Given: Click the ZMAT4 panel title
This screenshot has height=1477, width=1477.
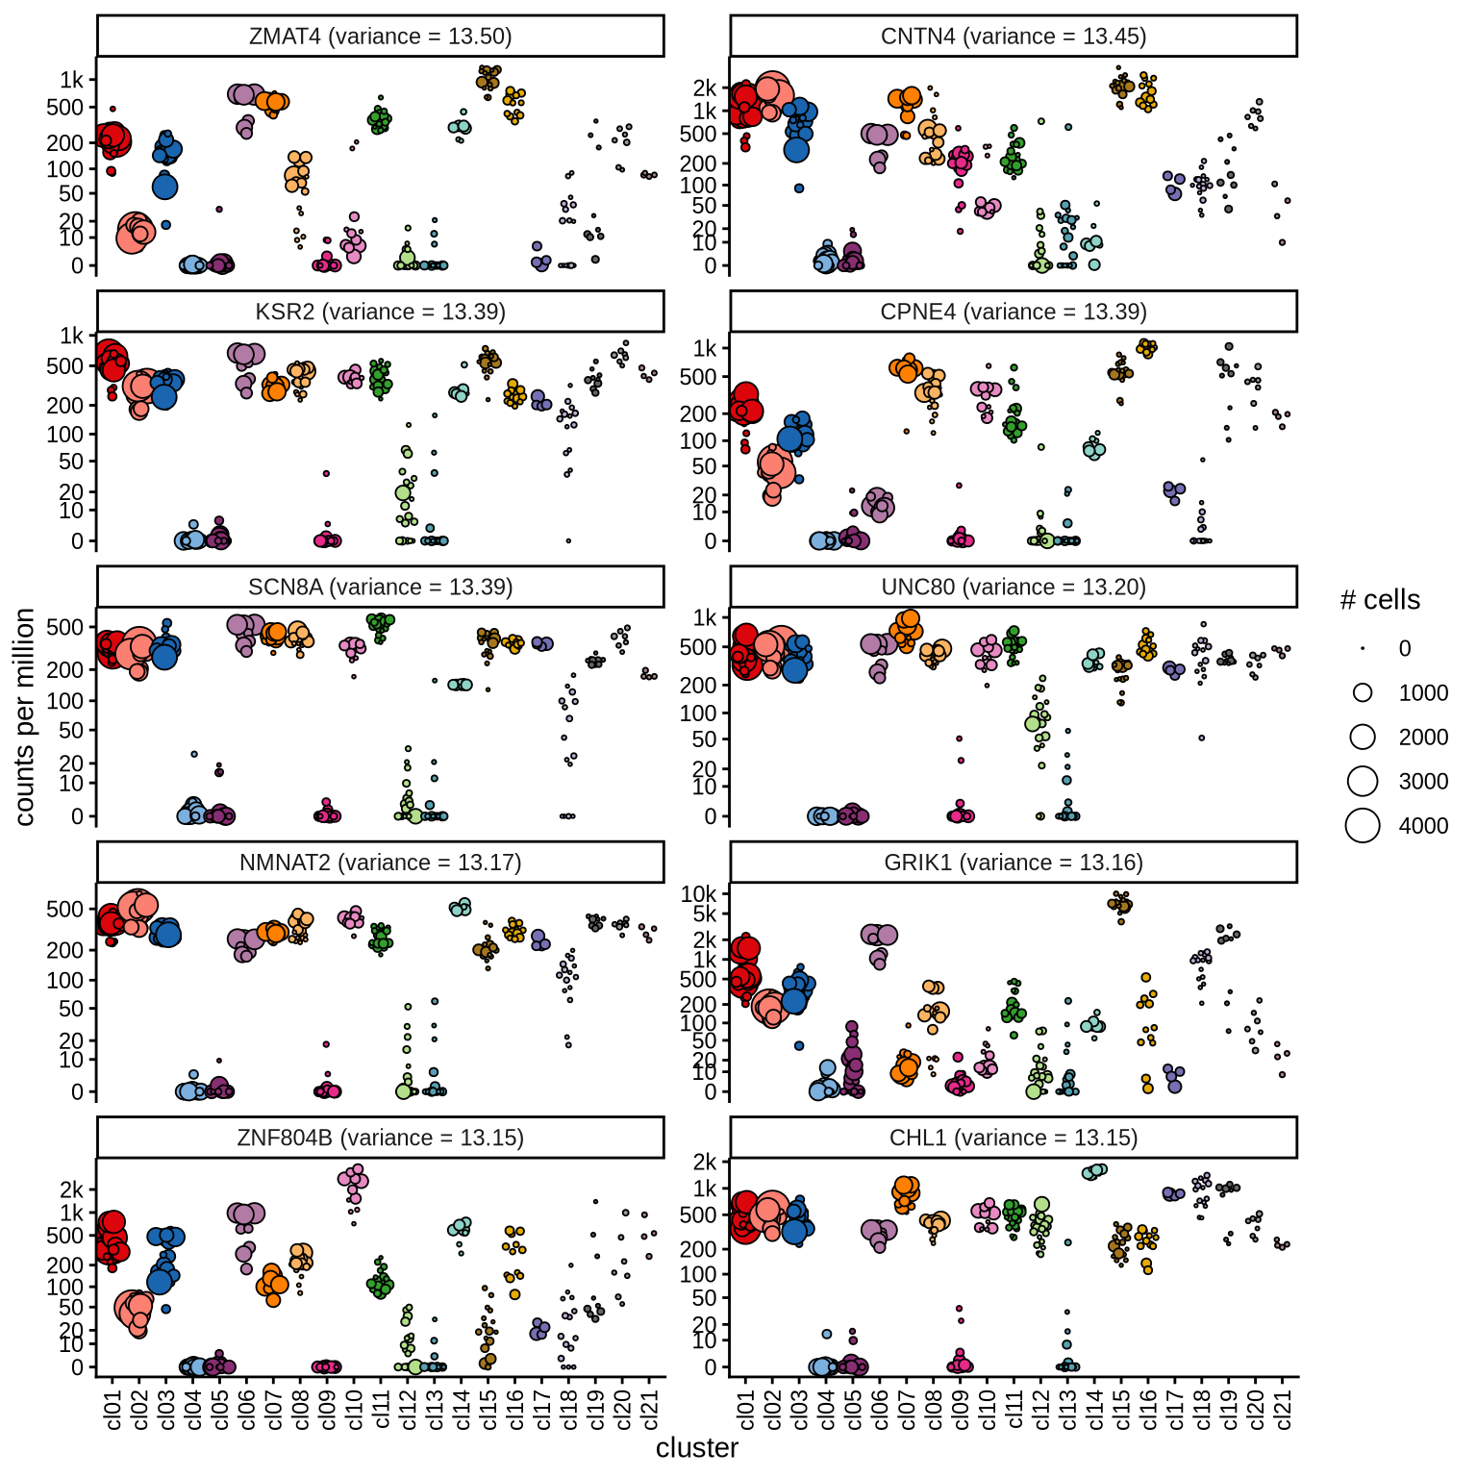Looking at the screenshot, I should click(380, 37).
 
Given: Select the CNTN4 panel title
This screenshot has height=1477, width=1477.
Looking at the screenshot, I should click(1013, 37).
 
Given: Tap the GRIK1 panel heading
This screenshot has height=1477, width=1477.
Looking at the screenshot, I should click(1013, 863).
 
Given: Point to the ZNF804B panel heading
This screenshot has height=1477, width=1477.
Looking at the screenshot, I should click(380, 1138).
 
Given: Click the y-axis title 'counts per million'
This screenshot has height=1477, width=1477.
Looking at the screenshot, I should click(24, 716).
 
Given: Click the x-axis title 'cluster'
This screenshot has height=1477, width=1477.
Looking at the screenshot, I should click(697, 1448).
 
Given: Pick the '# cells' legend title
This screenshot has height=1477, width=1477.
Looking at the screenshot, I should click(1380, 600).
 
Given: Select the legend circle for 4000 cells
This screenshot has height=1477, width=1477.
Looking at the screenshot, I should click(1363, 825).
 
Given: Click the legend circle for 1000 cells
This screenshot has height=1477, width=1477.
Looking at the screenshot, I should click(1363, 692).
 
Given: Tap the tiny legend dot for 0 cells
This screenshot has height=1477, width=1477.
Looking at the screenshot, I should click(1363, 648).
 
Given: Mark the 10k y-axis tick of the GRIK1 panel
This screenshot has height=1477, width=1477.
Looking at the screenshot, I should click(699, 894).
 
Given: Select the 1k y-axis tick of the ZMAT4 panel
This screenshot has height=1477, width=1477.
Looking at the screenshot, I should click(72, 80).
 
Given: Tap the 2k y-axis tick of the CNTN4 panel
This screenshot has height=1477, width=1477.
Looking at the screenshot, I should click(705, 88).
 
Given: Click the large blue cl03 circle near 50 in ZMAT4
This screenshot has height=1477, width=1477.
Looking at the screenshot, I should click(165, 187).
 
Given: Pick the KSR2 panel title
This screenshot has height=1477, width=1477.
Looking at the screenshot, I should click(380, 312).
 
